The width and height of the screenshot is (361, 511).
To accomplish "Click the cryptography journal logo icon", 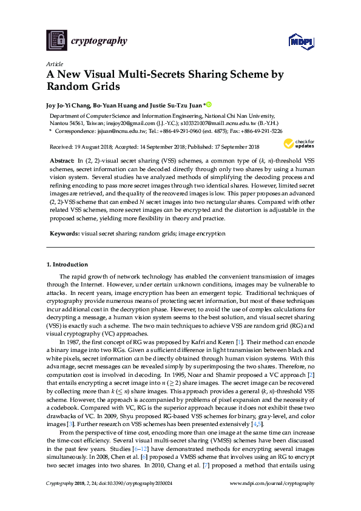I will pyautogui.click(x=57, y=41).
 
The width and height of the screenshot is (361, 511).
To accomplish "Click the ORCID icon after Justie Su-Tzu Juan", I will pyautogui.click(x=209, y=104).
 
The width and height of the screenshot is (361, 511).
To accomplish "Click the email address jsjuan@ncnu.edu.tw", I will pyautogui.click(x=116, y=130).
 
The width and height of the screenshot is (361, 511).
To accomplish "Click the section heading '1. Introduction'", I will pyautogui.click(x=67, y=265).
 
